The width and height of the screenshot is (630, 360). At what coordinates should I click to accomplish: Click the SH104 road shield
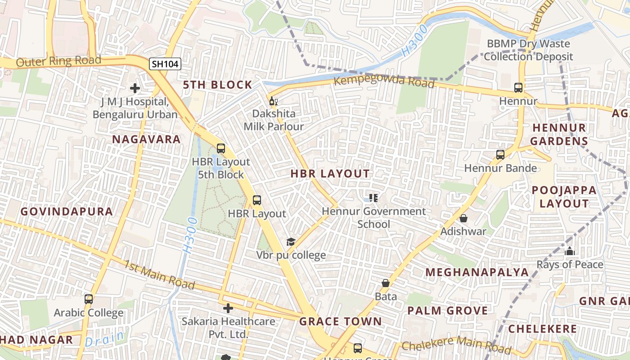click(165, 64)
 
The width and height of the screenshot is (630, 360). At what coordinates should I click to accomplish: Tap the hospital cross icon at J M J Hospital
click(135, 88)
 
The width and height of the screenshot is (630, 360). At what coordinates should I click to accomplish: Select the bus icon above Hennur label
click(518, 88)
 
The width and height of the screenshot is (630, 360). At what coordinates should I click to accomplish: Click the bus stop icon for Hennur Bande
click(500, 155)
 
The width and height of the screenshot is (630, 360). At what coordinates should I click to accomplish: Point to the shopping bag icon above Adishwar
click(463, 218)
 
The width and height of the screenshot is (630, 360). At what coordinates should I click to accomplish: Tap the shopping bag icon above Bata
click(386, 283)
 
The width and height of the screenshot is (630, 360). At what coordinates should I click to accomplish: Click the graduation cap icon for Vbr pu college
click(291, 242)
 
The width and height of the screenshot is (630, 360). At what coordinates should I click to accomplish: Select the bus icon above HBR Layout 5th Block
click(220, 148)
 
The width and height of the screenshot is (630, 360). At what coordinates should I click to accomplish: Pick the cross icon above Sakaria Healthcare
click(228, 308)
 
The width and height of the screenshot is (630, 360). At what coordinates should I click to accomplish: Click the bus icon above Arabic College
click(89, 299)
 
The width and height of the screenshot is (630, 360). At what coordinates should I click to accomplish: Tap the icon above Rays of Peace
click(570, 251)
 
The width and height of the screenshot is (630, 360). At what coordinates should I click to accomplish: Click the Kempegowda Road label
click(384, 82)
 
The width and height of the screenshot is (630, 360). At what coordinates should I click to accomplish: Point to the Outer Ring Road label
click(58, 61)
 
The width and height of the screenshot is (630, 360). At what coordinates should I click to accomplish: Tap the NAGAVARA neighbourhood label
click(146, 139)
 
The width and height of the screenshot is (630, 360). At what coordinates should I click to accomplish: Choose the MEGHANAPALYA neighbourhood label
click(477, 272)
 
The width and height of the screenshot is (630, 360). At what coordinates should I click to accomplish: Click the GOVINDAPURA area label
click(67, 211)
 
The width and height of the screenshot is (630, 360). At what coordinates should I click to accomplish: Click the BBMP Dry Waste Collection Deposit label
click(528, 50)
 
